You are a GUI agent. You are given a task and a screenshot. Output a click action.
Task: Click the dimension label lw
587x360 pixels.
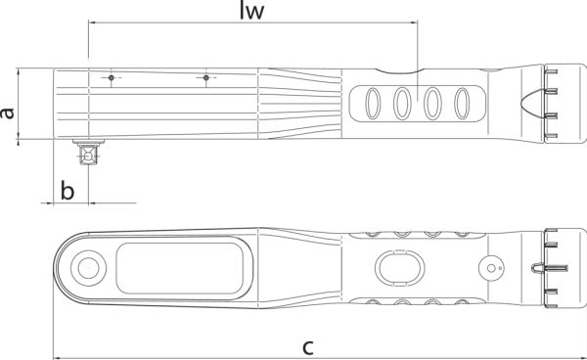[252, 11]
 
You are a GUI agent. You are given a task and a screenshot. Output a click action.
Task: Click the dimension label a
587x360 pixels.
[7, 113]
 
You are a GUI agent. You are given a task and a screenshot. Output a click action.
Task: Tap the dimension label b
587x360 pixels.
[68, 190]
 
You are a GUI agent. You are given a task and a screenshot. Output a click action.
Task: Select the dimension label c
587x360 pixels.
[308, 347]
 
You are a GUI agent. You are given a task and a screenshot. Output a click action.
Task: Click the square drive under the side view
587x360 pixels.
[88, 153]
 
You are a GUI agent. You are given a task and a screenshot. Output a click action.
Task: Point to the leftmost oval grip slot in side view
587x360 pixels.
[373, 104]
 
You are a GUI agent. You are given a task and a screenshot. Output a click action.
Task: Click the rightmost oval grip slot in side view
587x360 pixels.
[462, 104]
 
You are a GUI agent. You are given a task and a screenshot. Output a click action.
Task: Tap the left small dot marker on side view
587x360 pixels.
[112, 78]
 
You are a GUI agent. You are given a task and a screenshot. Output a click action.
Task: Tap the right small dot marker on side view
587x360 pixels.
[205, 78]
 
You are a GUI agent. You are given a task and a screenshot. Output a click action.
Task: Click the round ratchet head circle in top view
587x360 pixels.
[88, 268]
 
